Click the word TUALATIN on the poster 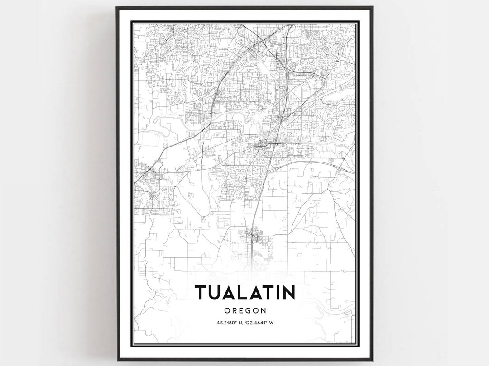pyautogui.click(x=244, y=293)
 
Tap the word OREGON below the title pyautogui.click(x=244, y=311)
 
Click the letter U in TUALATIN pyautogui.click(x=214, y=293)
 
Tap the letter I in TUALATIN pyautogui.click(x=275, y=293)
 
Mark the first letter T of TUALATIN pyautogui.click(x=201, y=293)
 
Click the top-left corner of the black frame pyautogui.click(x=117, y=7)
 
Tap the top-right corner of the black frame pyautogui.click(x=372, y=7)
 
